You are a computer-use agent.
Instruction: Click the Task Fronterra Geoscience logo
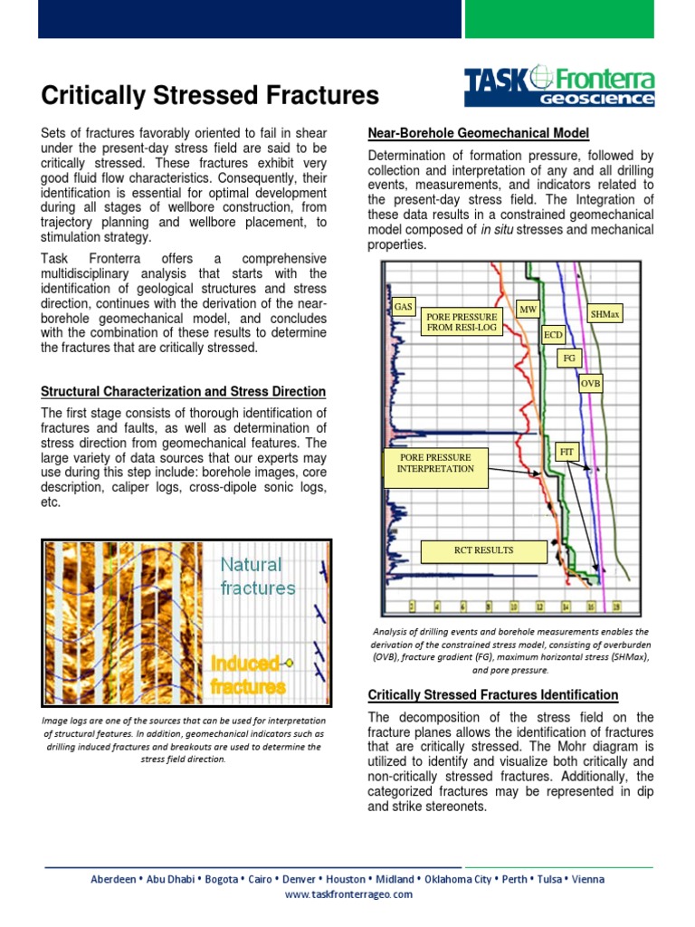(x=558, y=86)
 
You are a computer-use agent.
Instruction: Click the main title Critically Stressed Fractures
(x=210, y=95)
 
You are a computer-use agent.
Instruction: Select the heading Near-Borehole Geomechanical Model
(x=478, y=133)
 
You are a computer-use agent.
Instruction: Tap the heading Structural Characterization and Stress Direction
(x=184, y=391)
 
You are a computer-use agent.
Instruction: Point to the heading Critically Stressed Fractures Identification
(x=492, y=694)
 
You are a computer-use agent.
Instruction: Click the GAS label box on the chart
(x=403, y=307)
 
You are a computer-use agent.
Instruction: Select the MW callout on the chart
(x=528, y=310)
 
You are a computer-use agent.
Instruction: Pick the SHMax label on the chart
(x=605, y=314)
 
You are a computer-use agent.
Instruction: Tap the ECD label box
(x=553, y=335)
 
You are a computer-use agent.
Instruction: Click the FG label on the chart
(x=569, y=358)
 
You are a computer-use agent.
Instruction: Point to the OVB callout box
(x=591, y=384)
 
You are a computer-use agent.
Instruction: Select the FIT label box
(x=566, y=450)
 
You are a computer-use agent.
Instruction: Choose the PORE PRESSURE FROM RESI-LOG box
(x=462, y=321)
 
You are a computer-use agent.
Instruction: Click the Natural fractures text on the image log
(x=258, y=576)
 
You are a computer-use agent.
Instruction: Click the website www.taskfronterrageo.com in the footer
(x=348, y=894)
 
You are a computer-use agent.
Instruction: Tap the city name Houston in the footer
(x=346, y=879)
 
